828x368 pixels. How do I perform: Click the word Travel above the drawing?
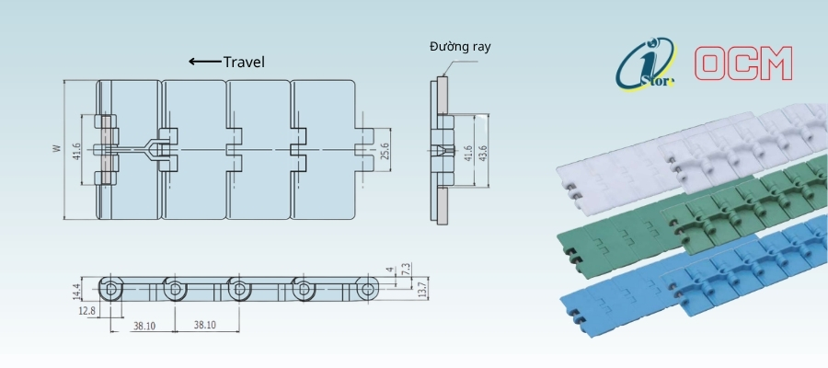pos(244,63)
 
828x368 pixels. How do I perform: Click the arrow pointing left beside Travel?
pos(205,62)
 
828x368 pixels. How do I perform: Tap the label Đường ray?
pos(461,47)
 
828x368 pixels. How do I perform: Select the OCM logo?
pos(743,63)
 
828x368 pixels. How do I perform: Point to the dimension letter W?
pos(56,149)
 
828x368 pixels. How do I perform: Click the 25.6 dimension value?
pos(385,151)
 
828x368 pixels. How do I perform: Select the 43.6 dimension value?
pos(483,151)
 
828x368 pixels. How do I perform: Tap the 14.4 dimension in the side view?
pos(76,289)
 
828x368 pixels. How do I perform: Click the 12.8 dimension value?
pos(86,311)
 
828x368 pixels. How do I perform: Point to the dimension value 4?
pos(390,270)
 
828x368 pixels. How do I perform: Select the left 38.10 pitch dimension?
pos(144,326)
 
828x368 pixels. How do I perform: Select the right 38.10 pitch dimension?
pos(204,326)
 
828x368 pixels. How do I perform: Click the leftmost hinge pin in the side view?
pos(110,289)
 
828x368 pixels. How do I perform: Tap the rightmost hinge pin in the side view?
pos(367,289)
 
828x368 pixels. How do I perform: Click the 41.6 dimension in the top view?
pos(76,151)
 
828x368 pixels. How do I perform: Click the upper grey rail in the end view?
pos(442,95)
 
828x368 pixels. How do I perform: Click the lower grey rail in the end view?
pos(442,205)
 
